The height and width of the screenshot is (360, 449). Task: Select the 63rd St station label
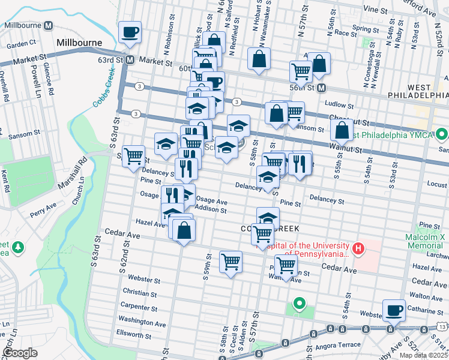[118, 60]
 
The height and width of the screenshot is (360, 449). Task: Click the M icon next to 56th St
[321, 88]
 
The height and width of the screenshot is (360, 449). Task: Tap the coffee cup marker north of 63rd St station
[130, 32]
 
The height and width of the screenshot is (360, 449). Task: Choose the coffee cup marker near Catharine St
[394, 310]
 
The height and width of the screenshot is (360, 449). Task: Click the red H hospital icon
[358, 248]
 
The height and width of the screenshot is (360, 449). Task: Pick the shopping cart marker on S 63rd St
[134, 157]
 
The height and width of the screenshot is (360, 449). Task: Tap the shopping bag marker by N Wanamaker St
[259, 59]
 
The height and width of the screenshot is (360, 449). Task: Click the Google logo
[20, 353]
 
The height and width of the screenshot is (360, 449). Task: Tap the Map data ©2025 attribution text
[423, 355]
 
